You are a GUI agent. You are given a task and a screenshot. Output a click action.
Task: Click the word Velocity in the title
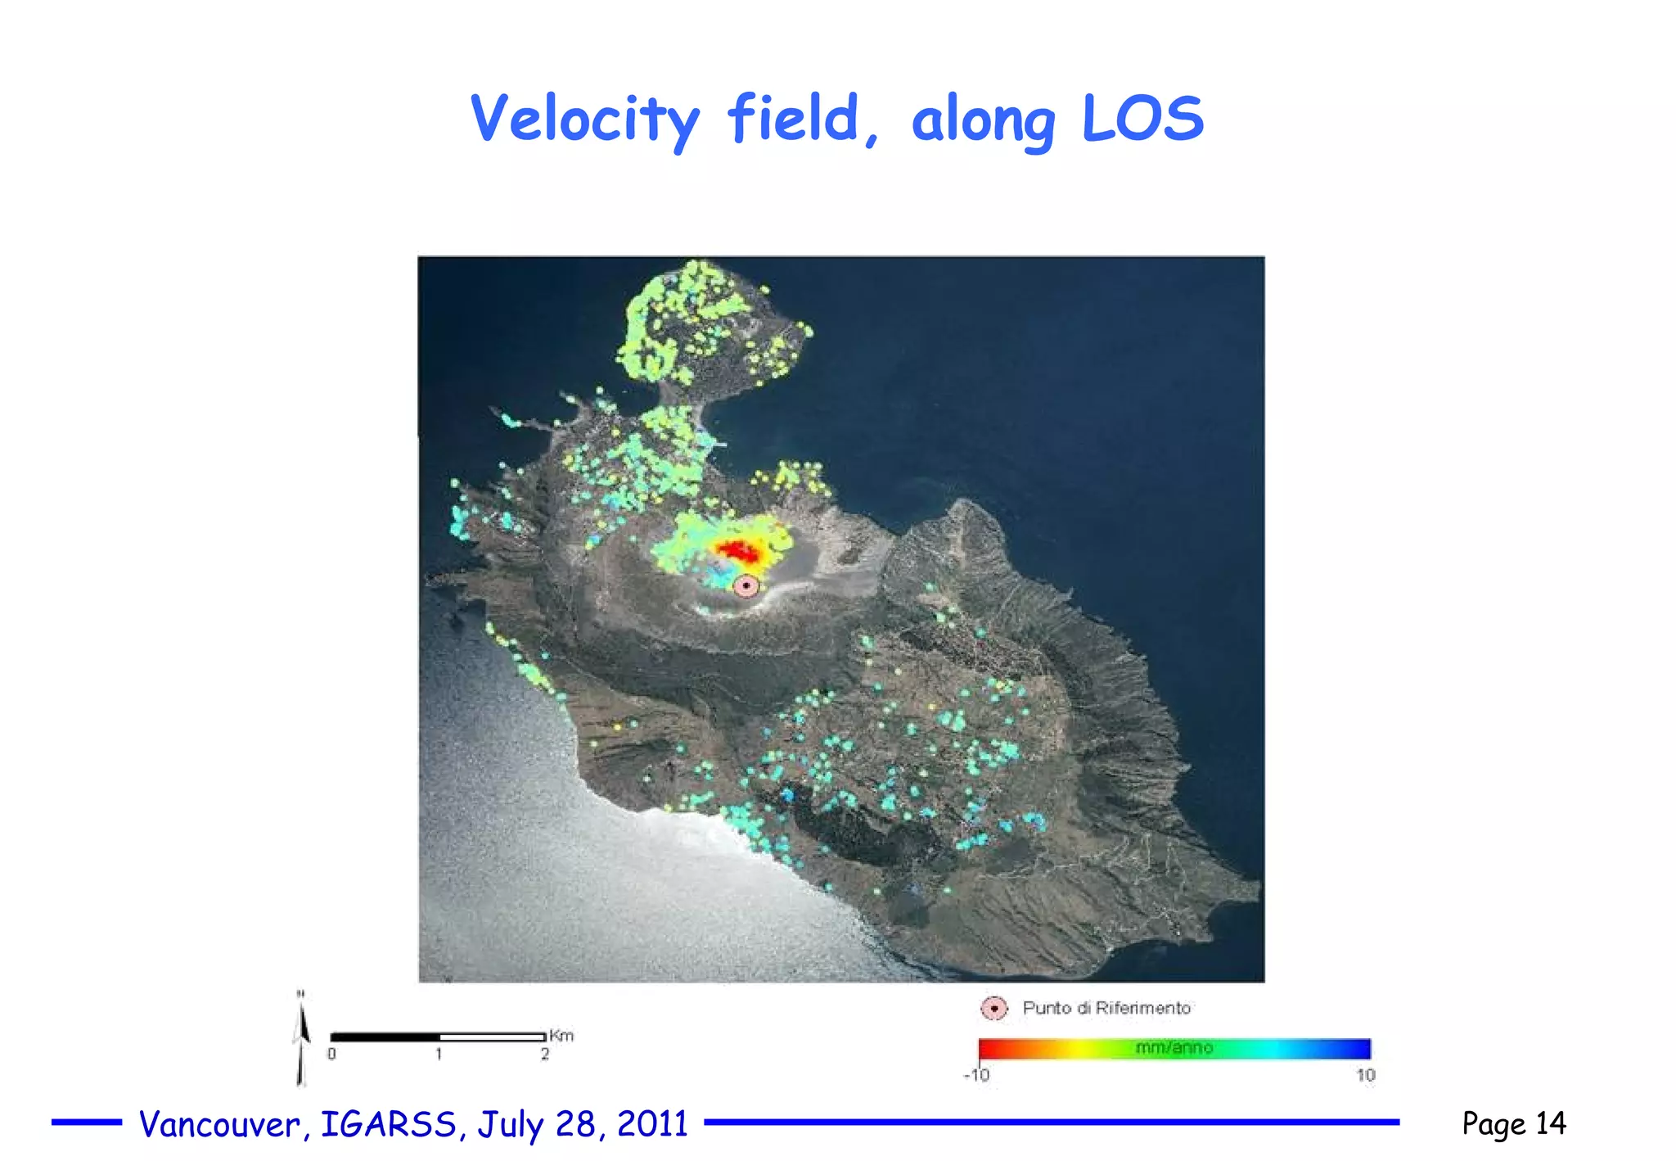pos(584,120)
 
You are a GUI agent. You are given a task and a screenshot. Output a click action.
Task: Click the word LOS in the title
pos(1142,120)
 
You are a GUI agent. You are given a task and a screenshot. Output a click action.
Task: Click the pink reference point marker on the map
pos(746,585)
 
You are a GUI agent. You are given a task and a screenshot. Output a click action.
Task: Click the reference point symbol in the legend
pos(993,1009)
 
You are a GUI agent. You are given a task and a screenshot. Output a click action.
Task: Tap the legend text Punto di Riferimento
pos(1106,1009)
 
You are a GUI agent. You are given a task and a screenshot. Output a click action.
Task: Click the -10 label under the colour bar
pos(976,1075)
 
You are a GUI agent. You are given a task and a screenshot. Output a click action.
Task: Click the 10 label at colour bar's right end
pos(1366,1075)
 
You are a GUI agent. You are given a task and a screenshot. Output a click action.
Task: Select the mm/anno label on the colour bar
pos(1174,1048)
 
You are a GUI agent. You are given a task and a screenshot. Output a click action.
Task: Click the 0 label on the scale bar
pos(331,1054)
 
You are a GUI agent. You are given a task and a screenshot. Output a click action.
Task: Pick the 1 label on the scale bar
pos(439,1054)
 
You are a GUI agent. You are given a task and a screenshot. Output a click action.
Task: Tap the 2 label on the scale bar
pos(544,1054)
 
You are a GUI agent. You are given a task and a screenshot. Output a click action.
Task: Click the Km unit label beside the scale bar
pos(561,1036)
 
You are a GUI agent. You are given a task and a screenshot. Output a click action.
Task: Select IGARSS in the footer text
pos(389,1124)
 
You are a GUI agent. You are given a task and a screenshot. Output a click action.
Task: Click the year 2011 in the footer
pos(652,1124)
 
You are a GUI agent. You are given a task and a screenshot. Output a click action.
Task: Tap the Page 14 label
pos(1513,1123)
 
